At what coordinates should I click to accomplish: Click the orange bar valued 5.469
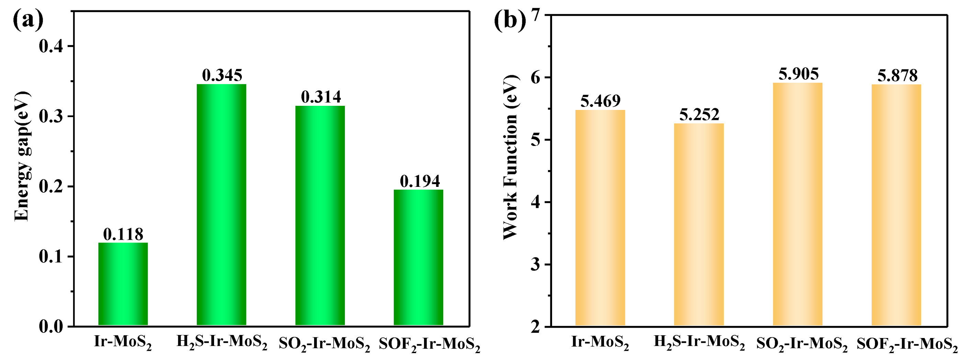pyautogui.click(x=600, y=217)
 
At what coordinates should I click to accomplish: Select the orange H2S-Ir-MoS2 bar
pyautogui.click(x=699, y=224)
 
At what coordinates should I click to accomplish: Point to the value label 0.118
pyautogui.click(x=123, y=234)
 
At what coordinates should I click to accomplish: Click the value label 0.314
pyautogui.click(x=321, y=97)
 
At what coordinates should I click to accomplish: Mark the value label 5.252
pyautogui.click(x=699, y=114)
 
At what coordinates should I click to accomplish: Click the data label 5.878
pyautogui.click(x=897, y=76)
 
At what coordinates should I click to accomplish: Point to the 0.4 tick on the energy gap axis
pyautogui.click(x=51, y=46)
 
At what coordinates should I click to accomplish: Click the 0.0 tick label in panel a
pyautogui.click(x=51, y=326)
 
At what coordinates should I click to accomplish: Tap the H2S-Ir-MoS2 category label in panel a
pyautogui.click(x=222, y=342)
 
